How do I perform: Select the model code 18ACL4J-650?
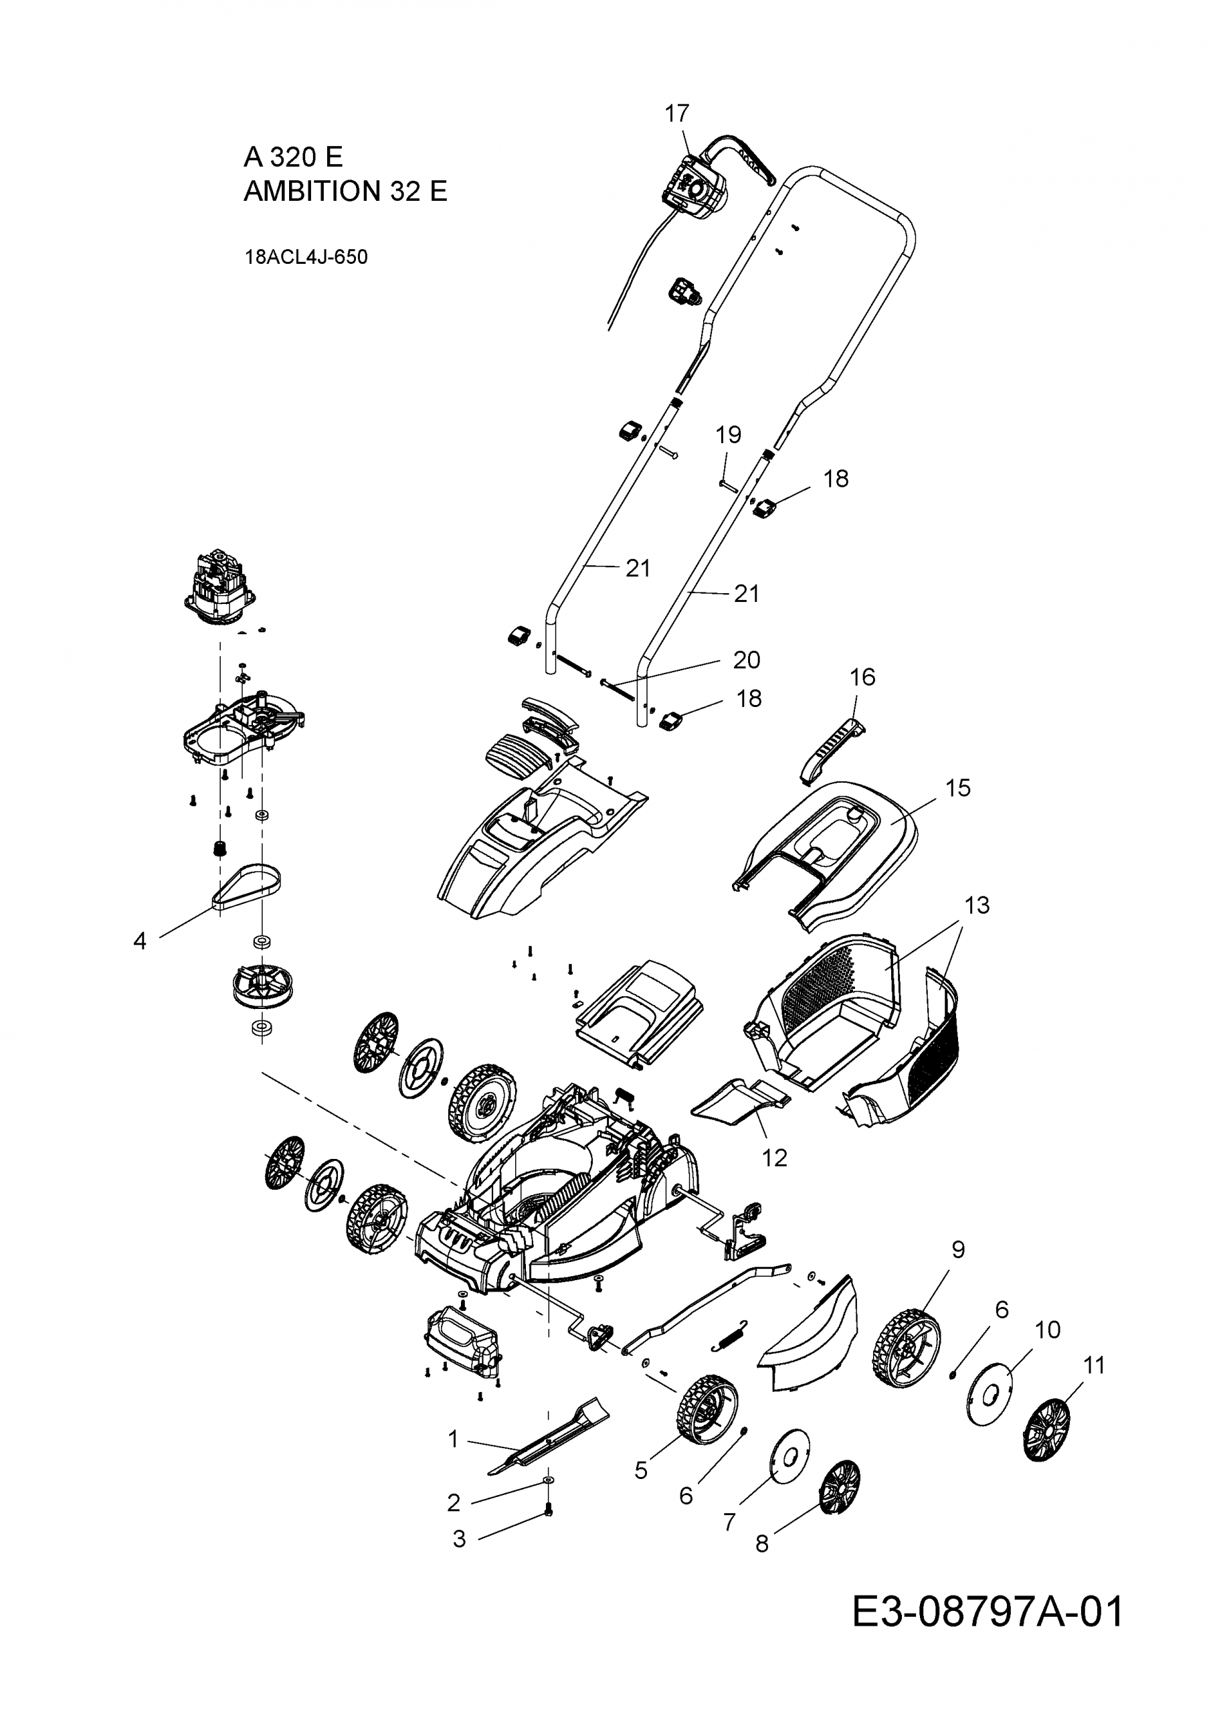tap(306, 258)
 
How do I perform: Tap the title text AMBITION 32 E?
tap(345, 192)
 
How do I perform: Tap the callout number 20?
tap(746, 660)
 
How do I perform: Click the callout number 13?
tap(977, 905)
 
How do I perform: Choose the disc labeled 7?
tap(789, 1454)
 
